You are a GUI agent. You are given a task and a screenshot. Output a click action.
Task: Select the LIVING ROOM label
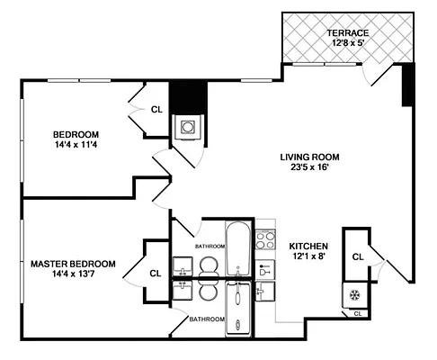click(309, 155)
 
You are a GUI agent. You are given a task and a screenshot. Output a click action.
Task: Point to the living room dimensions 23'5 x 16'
click(309, 167)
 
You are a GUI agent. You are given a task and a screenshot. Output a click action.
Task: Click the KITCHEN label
click(308, 246)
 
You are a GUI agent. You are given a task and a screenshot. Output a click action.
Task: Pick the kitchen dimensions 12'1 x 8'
click(308, 258)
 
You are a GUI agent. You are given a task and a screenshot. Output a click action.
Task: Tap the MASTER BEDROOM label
click(73, 264)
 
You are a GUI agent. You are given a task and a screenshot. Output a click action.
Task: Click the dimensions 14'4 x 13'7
click(73, 275)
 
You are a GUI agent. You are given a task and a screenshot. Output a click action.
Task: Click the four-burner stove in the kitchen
click(265, 239)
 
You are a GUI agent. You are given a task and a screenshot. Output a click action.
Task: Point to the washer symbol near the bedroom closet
click(189, 127)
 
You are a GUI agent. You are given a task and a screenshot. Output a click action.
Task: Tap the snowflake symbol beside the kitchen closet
click(352, 294)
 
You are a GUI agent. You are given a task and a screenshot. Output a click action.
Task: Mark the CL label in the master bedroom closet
click(155, 274)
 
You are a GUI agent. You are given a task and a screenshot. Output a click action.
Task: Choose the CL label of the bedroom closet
click(156, 111)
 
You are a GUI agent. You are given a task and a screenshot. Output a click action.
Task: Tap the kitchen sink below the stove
click(265, 268)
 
